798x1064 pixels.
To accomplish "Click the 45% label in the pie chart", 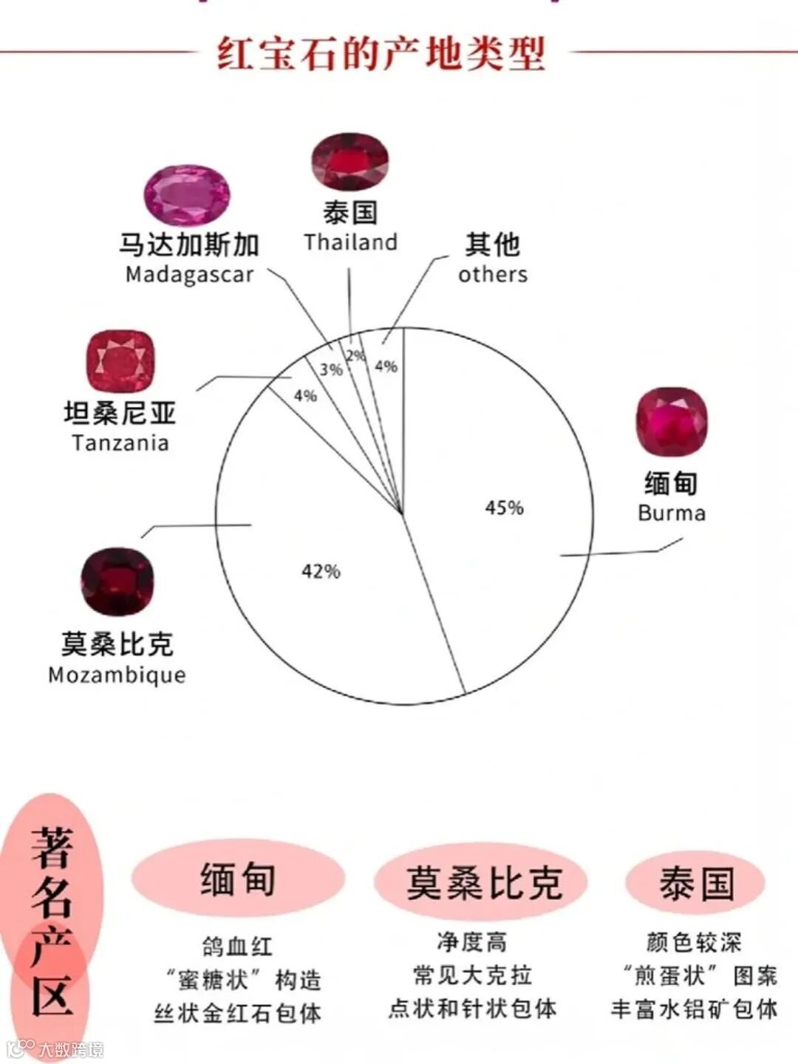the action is tap(504, 508).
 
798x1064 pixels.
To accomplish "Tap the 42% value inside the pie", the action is tap(321, 571).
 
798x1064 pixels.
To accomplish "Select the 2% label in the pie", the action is tap(356, 355).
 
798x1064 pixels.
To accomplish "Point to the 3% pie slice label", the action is tap(331, 369).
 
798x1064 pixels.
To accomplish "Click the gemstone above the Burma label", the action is tap(672, 422).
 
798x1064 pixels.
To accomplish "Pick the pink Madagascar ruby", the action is tap(187, 195).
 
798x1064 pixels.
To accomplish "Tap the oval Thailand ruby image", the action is tap(349, 162).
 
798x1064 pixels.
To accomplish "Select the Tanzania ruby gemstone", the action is tap(120, 361).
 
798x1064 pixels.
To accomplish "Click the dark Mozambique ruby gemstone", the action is tap(117, 582).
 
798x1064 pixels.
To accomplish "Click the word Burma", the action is tap(672, 513).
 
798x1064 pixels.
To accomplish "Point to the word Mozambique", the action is tap(117, 675).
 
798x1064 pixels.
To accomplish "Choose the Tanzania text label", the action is tap(120, 443).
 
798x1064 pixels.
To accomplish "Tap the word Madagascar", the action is tap(189, 274).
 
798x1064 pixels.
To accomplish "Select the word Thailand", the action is tap(350, 242).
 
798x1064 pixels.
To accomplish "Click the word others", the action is tap(493, 274).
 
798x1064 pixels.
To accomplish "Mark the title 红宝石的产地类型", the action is tap(381, 53).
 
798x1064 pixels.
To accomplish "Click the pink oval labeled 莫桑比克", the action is tap(482, 882).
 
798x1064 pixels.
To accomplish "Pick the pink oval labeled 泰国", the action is tap(696, 882).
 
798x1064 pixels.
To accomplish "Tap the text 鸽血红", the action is tap(237, 947).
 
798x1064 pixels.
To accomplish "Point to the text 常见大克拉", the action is tap(473, 975).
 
